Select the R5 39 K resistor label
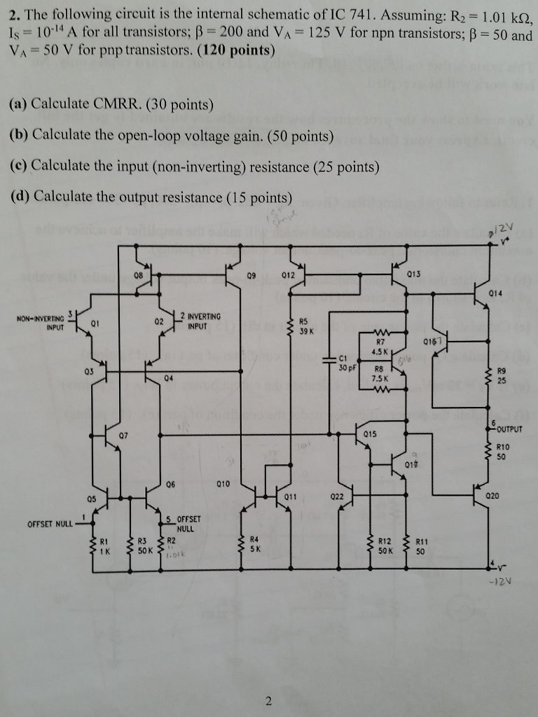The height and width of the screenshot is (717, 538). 305,327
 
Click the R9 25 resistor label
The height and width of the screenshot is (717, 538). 501,377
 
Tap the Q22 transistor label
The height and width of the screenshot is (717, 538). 336,496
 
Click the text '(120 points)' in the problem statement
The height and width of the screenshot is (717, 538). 235,50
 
